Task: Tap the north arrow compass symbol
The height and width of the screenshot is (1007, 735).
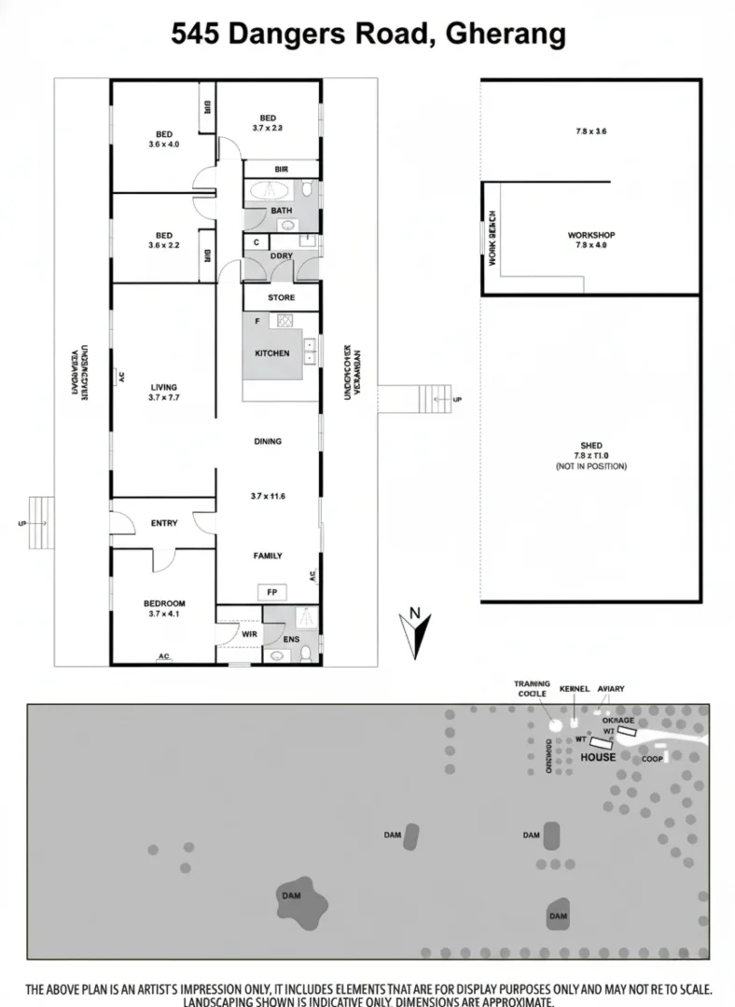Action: coord(414,632)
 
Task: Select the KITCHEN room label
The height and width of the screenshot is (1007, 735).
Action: coord(271,353)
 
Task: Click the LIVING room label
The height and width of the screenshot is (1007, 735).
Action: coord(163,387)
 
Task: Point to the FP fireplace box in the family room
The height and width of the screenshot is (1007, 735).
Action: coord(271,592)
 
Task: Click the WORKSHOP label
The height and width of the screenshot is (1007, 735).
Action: coord(591,235)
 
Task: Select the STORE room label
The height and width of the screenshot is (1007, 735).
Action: coord(281,297)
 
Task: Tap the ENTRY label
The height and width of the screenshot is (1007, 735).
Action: coord(164,523)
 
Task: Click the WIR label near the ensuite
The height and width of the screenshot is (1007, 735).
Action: coord(249,634)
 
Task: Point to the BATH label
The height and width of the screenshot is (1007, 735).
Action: coord(281,211)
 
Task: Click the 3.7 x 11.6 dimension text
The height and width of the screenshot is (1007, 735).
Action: coord(268,496)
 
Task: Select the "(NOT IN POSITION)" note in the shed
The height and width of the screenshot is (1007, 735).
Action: coord(590,466)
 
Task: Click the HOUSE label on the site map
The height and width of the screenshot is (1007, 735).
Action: coord(598,757)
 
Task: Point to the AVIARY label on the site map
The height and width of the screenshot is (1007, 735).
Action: coord(611,689)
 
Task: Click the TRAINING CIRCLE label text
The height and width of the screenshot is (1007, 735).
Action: coord(532,688)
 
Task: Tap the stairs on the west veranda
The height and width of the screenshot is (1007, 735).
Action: coord(41,523)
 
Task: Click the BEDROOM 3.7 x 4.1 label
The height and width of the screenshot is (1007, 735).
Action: coord(163,608)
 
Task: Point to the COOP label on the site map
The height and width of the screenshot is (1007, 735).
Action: coord(652,759)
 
